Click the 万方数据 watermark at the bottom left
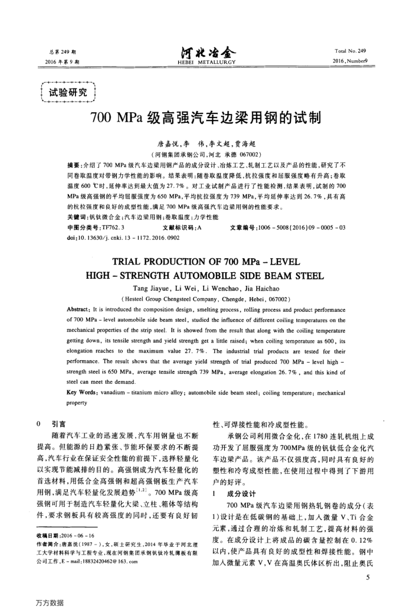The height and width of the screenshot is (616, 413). click(x=50, y=602)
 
